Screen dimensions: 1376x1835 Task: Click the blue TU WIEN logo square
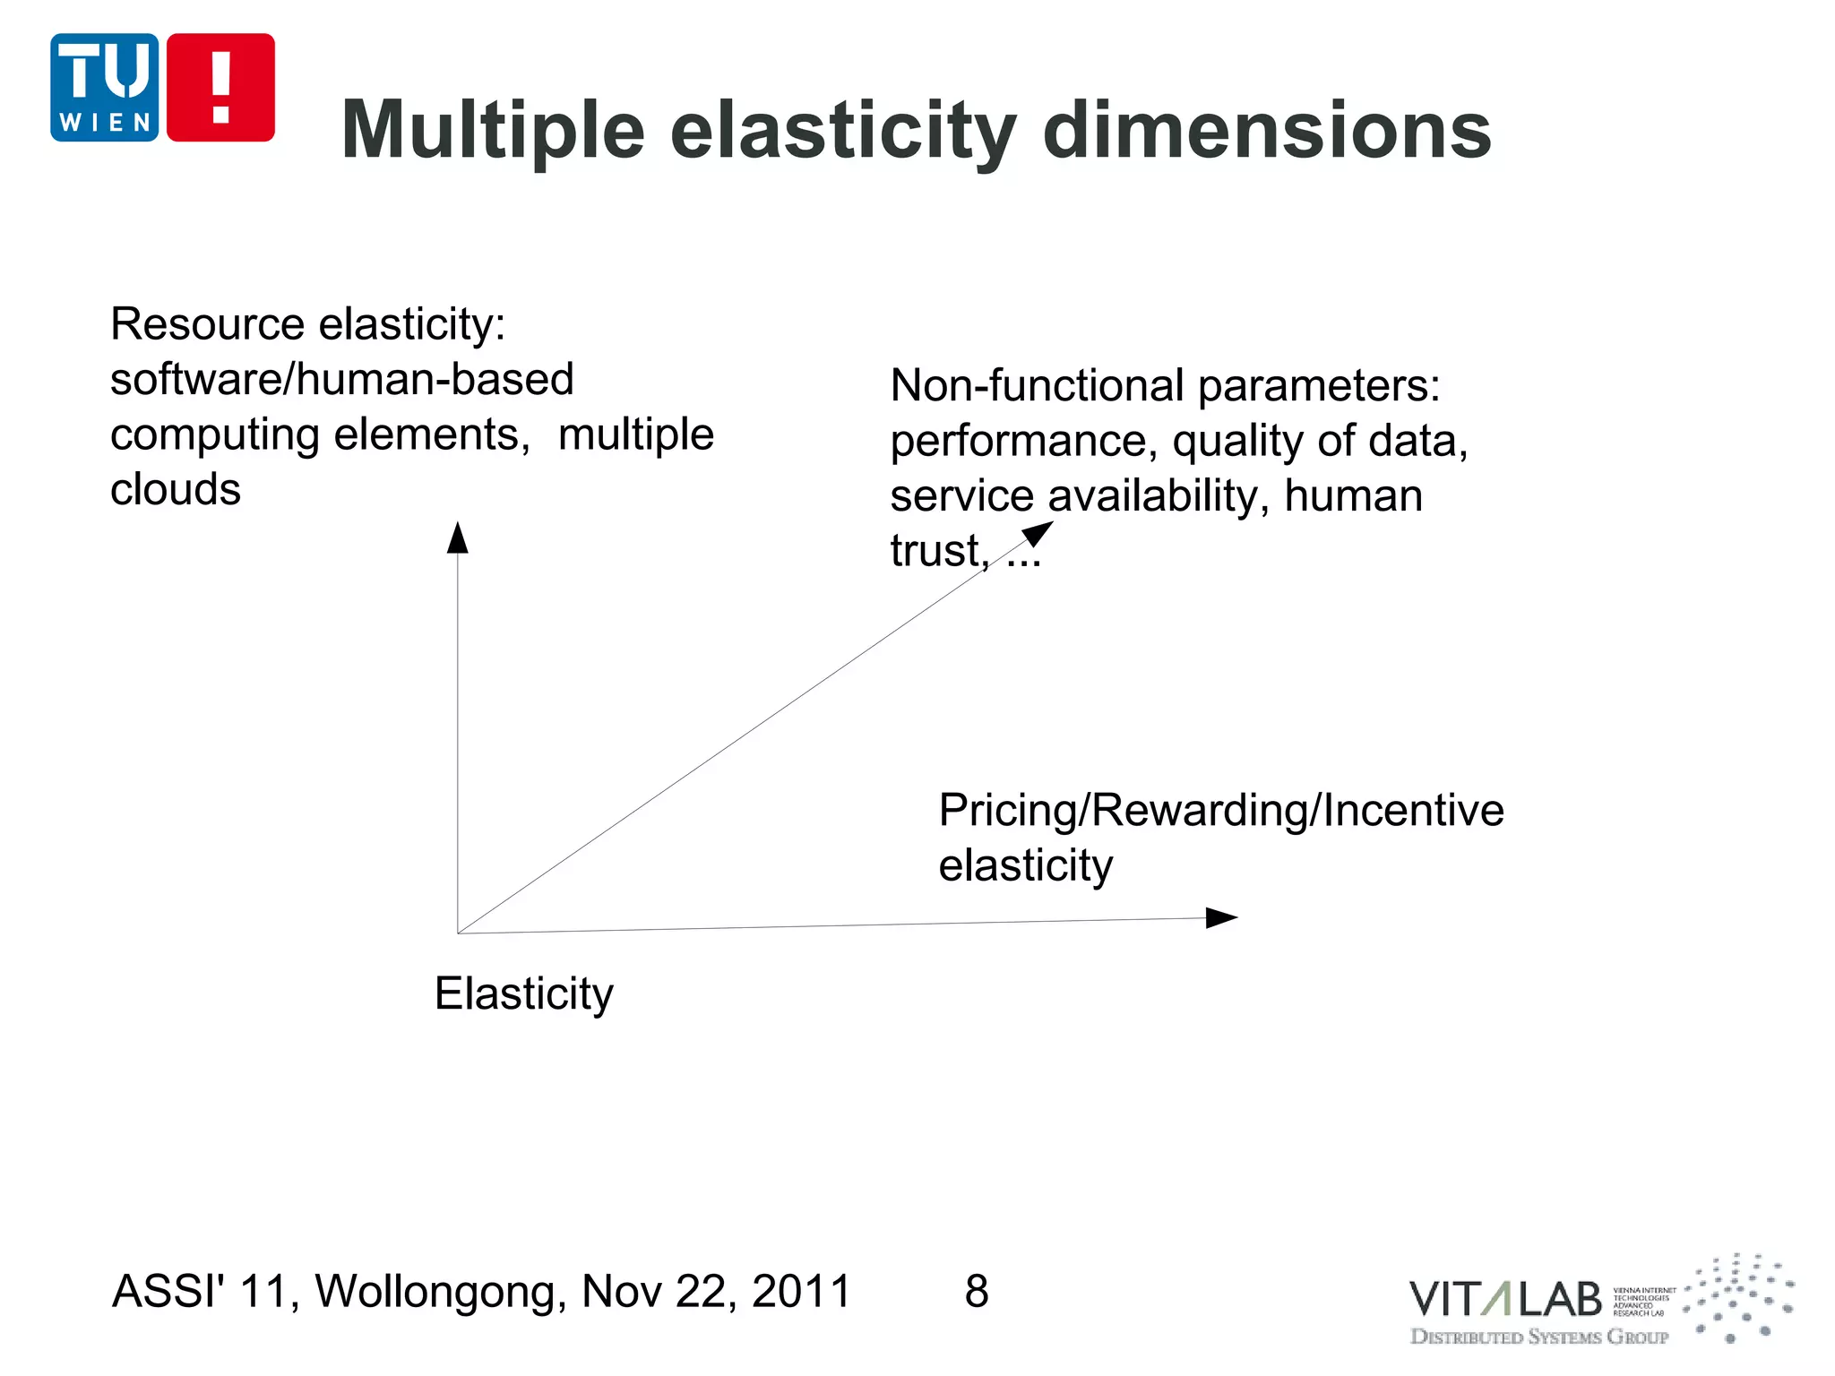tap(104, 87)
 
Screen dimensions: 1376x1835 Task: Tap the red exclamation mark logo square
tap(220, 87)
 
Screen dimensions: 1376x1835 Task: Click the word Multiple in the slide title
tap(493, 131)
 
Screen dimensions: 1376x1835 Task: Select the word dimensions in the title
tap(1267, 131)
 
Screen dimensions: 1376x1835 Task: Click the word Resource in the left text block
tap(207, 324)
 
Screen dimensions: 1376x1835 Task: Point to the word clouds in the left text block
tap(175, 490)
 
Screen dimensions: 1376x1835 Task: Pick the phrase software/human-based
tap(341, 380)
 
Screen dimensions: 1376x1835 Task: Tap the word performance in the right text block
tap(1022, 442)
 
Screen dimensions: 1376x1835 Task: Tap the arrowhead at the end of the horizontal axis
tap(1221, 917)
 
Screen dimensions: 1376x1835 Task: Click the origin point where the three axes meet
tap(458, 933)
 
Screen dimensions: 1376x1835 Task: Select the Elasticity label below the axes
tap(523, 993)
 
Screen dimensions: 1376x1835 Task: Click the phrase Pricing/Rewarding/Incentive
tap(1220, 811)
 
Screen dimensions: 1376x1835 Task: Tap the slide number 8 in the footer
tap(977, 1292)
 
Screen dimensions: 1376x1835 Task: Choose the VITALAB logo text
tap(1504, 1300)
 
